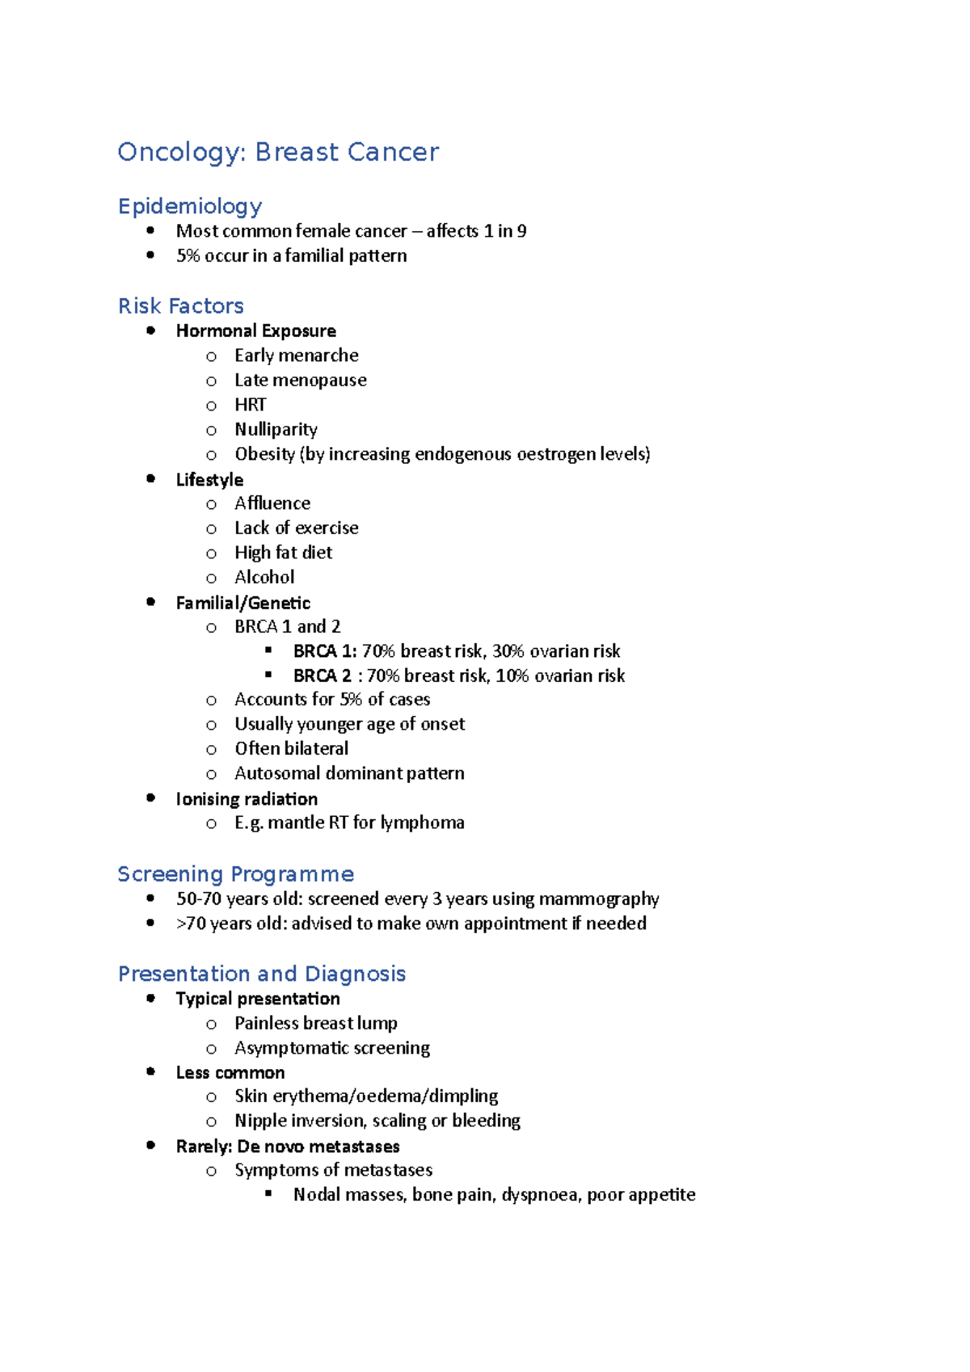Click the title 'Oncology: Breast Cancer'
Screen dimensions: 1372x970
pyautogui.click(x=278, y=152)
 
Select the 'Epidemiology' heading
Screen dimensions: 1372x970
pyautogui.click(x=190, y=206)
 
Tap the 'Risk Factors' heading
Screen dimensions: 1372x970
pyautogui.click(x=181, y=306)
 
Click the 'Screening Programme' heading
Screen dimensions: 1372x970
pyautogui.click(x=235, y=874)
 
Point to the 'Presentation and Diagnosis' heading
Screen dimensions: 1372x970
pyautogui.click(x=262, y=974)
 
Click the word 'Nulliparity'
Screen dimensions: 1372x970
pyautogui.click(x=276, y=429)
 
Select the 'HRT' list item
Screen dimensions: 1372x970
pyautogui.click(x=250, y=405)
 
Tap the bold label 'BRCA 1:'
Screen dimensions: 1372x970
pyautogui.click(x=325, y=651)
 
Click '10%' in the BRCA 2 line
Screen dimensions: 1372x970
pyautogui.click(x=512, y=675)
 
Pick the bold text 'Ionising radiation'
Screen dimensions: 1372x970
pyautogui.click(x=247, y=799)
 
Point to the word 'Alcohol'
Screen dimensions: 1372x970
pyautogui.click(x=264, y=577)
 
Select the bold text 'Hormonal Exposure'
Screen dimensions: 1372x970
pyautogui.click(x=255, y=330)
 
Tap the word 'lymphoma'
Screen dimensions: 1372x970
pyautogui.click(x=422, y=823)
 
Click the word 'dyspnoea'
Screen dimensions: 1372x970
pyautogui.click(x=539, y=1194)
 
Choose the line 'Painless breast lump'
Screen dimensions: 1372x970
pyautogui.click(x=315, y=1023)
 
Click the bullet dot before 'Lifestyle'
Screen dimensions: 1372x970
pyautogui.click(x=151, y=478)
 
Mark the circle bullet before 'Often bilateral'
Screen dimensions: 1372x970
pyautogui.click(x=211, y=749)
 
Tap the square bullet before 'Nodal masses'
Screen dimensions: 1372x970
pyautogui.click(x=269, y=1193)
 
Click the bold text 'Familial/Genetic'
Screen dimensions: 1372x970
pyautogui.click(x=242, y=603)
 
